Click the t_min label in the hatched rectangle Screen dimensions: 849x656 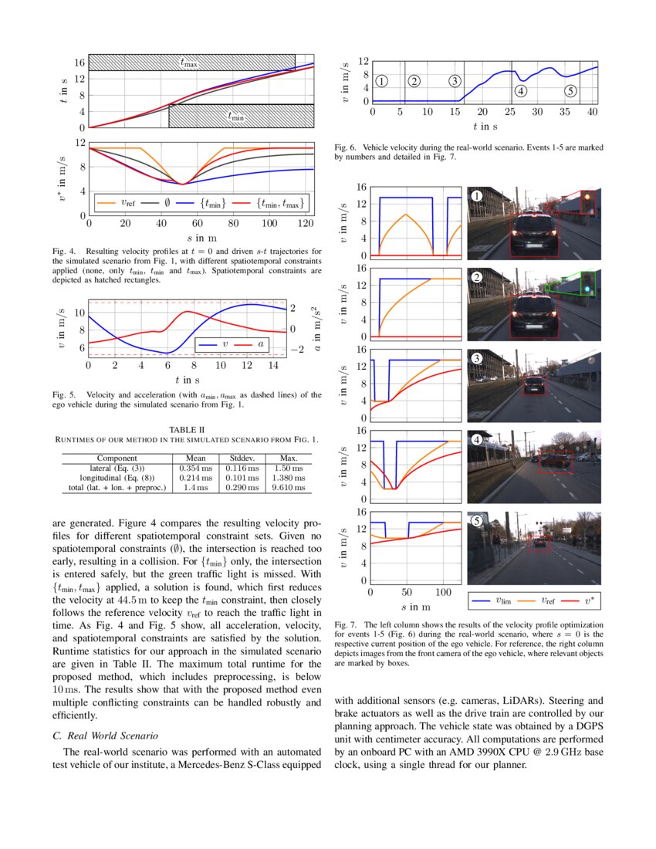(x=235, y=117)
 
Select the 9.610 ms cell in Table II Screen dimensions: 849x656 (x=289, y=487)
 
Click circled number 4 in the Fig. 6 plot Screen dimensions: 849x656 (x=520, y=90)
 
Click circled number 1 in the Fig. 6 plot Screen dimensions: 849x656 (x=382, y=80)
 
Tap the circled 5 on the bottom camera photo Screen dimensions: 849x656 (x=477, y=521)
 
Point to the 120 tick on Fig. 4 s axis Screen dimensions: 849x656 (x=305, y=223)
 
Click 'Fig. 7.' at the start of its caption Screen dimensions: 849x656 (x=347, y=624)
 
